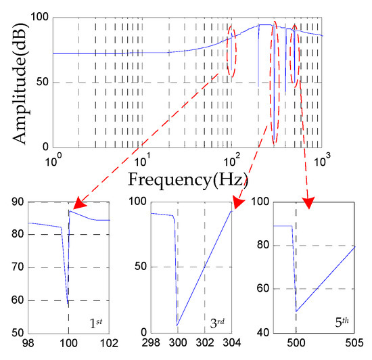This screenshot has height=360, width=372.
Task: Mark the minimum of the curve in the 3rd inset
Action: [178, 325]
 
